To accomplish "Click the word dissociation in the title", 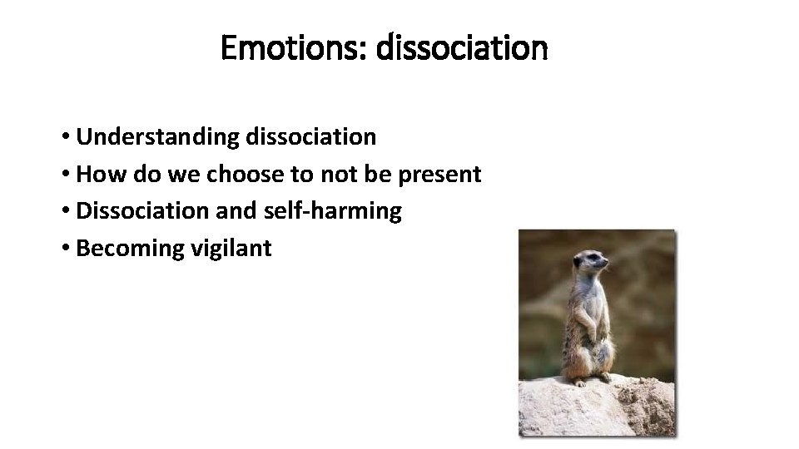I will tap(462, 49).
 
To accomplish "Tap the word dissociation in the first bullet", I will tap(310, 137).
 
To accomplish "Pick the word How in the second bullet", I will tap(97, 175).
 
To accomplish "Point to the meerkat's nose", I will tap(607, 267).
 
